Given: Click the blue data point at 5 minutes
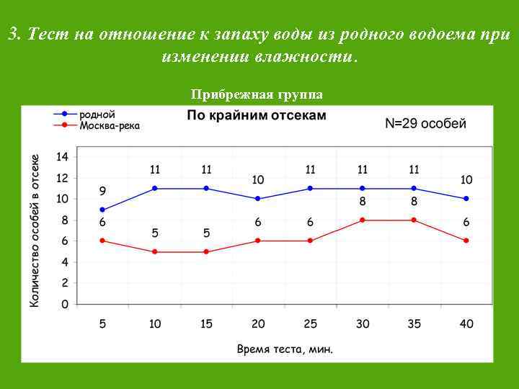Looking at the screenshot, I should [x=102, y=210].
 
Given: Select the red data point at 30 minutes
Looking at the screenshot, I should [x=363, y=220].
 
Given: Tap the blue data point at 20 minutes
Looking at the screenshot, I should [x=258, y=199].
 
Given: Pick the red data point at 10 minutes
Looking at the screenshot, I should [x=154, y=251].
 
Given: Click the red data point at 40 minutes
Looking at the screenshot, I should [x=466, y=241].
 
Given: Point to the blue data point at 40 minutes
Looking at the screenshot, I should [x=466, y=199].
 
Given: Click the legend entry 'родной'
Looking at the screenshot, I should [x=97, y=114].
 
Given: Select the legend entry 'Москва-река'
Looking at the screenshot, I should [x=110, y=125].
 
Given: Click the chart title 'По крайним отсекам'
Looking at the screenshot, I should [x=257, y=115].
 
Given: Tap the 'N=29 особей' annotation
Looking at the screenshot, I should [x=425, y=123].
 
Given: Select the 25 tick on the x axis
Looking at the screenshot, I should [x=310, y=324].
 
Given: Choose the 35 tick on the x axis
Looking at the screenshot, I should [x=414, y=324].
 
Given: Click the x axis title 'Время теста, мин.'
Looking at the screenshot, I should [x=285, y=349].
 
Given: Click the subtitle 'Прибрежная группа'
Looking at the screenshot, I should [x=257, y=94].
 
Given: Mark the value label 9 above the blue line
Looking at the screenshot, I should [x=102, y=192].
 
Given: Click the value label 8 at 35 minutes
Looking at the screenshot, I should [x=414, y=202].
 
